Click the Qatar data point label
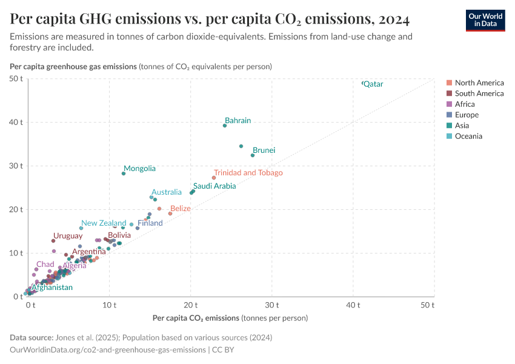[373, 84]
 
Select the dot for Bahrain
[225, 126]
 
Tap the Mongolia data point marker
[124, 174]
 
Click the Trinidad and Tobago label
[248, 173]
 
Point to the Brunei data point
[253, 155]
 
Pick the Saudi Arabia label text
[214, 186]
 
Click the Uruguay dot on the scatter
[53, 241]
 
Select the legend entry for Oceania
[468, 136]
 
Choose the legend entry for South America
[479, 93]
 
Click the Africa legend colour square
[449, 104]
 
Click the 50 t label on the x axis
[428, 305]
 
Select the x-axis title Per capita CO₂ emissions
[196, 318]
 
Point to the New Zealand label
[104, 223]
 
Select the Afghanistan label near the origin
[51, 288]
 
